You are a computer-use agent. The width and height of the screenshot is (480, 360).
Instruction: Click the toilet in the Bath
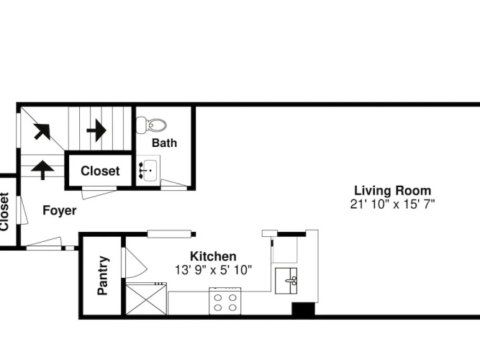(x=151, y=125)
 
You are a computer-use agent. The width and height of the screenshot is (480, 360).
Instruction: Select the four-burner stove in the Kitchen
(x=225, y=301)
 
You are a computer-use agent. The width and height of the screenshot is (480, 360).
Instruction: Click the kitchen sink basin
(x=286, y=281)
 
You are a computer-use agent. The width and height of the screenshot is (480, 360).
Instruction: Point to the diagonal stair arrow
(x=42, y=132)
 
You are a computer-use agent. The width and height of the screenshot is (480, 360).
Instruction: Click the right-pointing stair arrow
(x=96, y=130)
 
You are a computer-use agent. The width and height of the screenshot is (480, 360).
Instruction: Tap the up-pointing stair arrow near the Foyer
(x=42, y=170)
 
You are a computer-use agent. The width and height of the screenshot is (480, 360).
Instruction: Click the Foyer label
(x=60, y=210)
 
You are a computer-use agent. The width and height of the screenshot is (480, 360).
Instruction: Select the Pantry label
(x=103, y=276)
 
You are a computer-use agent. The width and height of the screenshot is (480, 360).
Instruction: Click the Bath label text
(x=164, y=143)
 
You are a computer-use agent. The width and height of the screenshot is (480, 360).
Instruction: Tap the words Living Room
(x=392, y=191)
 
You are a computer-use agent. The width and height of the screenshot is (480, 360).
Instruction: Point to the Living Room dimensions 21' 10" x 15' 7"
(x=392, y=204)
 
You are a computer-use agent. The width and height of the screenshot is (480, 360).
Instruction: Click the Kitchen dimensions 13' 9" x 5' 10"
(x=213, y=270)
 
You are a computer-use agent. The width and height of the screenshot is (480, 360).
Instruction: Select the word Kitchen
(x=213, y=256)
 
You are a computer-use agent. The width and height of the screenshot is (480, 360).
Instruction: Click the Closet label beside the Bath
(x=100, y=171)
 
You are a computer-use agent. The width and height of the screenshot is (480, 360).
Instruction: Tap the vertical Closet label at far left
(x=4, y=212)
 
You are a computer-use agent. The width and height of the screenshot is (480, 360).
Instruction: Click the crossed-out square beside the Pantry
(x=146, y=299)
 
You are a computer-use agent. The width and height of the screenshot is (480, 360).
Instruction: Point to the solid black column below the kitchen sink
(x=303, y=310)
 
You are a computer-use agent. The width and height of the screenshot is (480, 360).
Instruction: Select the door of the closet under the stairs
(x=99, y=193)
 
